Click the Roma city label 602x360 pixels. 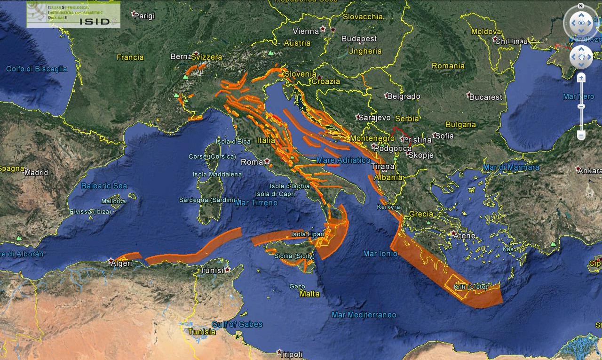(252, 162)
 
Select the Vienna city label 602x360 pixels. (306, 31)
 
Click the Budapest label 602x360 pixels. (359, 39)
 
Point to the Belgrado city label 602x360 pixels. (403, 96)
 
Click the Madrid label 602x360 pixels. (36, 172)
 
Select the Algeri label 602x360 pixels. (121, 263)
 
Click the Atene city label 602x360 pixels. (465, 235)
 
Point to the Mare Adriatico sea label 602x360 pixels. (343, 160)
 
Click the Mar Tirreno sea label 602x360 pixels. (256, 203)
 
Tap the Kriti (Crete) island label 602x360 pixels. (470, 287)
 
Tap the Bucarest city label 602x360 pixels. (486, 97)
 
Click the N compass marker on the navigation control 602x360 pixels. (581, 6)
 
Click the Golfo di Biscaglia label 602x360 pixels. (37, 69)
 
